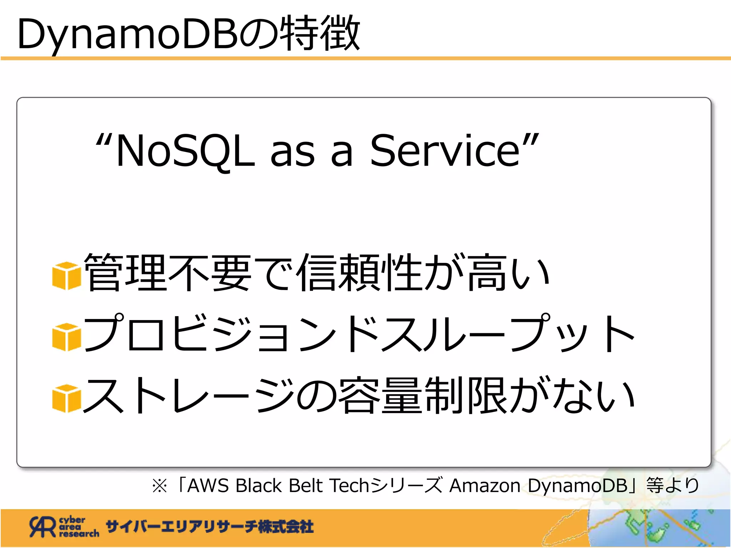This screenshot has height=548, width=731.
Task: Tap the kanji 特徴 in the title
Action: tap(319, 34)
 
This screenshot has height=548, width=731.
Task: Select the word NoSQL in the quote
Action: tap(186, 151)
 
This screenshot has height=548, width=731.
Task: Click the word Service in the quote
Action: tap(445, 151)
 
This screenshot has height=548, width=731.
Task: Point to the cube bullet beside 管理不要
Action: tap(66, 275)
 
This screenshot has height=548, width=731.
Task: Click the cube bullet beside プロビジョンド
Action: tap(66, 337)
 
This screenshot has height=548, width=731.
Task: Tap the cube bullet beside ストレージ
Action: tap(66, 398)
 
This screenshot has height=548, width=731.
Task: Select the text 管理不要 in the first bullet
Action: tap(168, 273)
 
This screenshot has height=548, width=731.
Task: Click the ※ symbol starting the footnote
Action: tap(160, 486)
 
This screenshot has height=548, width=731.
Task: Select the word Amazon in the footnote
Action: tap(485, 486)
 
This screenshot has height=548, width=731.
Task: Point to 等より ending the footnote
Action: tap(673, 486)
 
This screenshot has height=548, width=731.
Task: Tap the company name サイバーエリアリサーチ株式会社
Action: tap(210, 527)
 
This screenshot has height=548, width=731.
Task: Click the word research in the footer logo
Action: tap(79, 534)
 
